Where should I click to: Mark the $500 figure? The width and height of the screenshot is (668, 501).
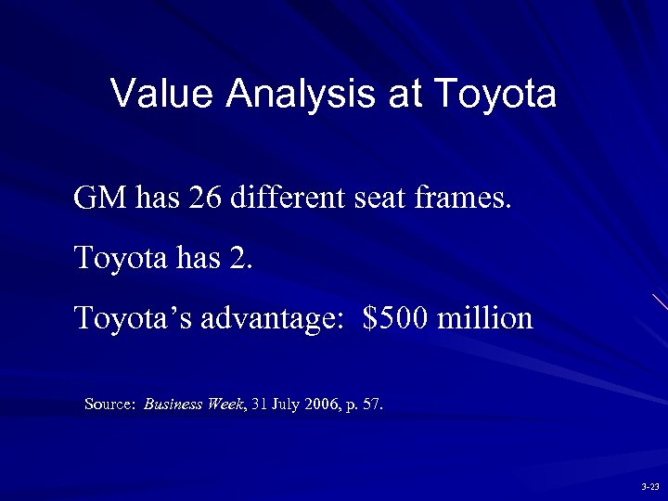pyautogui.click(x=395, y=318)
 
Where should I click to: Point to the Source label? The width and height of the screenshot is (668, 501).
pyautogui.click(x=110, y=405)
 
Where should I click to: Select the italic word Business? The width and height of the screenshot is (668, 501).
pyautogui.click(x=175, y=405)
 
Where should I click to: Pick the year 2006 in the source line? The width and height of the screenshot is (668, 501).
pyautogui.click(x=326, y=405)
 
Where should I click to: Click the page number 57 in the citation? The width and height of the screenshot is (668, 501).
pyautogui.click(x=371, y=405)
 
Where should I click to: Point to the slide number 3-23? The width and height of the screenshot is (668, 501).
pyautogui.click(x=649, y=486)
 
